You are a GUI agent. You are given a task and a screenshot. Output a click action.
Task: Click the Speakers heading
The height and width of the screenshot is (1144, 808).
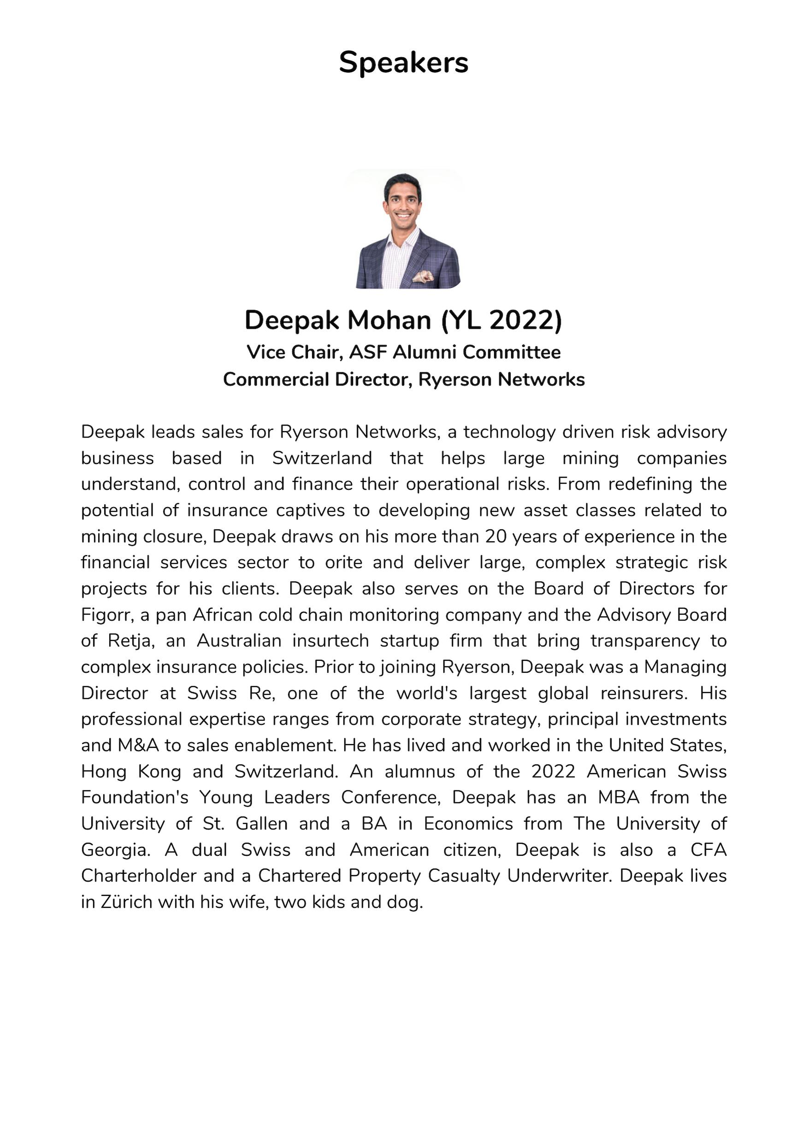pos(403,63)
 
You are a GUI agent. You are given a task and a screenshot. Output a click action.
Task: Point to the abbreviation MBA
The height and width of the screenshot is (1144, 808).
pos(619,798)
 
